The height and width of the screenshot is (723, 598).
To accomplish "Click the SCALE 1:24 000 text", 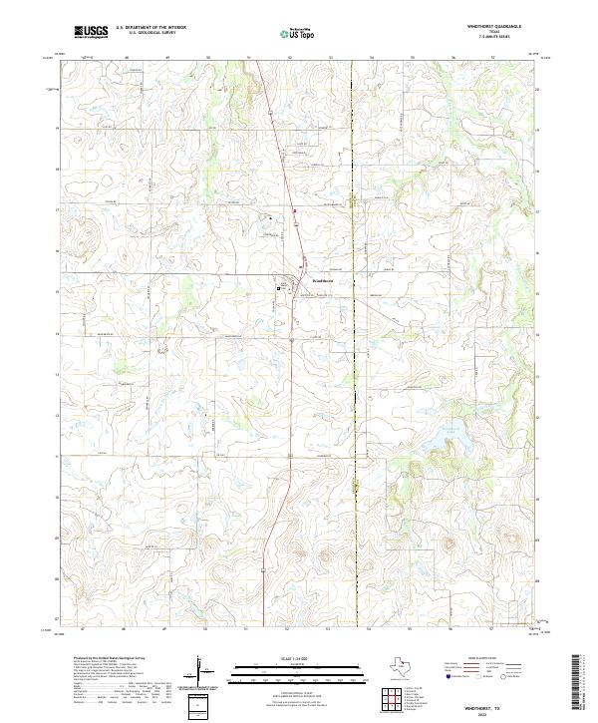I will (x=287, y=656).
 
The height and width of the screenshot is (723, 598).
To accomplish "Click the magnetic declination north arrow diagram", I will (x=203, y=670).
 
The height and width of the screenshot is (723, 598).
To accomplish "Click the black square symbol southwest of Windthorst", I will (x=278, y=287).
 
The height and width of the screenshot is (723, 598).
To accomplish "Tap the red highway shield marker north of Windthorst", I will (x=295, y=209).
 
